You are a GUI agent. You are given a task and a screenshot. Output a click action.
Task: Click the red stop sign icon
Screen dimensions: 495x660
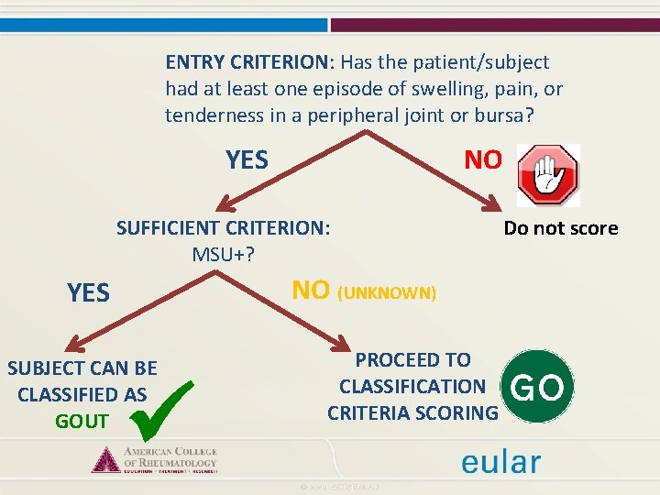coord(548,174)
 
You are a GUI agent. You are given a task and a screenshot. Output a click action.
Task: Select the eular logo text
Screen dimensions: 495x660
coord(500,462)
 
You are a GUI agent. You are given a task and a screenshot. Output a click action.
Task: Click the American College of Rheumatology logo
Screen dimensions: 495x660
coord(154,458)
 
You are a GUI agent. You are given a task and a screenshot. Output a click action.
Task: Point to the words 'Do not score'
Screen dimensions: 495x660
coord(561,228)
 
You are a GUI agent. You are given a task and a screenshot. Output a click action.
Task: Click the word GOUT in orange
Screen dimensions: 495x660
coord(82,422)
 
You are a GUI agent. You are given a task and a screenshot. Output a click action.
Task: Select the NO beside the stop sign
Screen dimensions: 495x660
coord(483,160)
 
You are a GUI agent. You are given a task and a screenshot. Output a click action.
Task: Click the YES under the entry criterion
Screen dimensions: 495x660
coord(247,160)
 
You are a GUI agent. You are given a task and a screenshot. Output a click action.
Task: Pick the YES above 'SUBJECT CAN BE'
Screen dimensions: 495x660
coord(88,293)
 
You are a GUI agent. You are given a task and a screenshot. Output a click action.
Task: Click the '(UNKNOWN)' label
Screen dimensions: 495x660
coord(388,294)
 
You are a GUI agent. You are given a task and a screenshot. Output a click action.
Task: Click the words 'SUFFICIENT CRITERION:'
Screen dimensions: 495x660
coord(223,228)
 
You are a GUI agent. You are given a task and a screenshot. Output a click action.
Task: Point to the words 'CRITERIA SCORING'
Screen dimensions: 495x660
coord(412,413)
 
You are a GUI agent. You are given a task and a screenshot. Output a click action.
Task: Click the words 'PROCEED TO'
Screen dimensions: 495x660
coord(412,360)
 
